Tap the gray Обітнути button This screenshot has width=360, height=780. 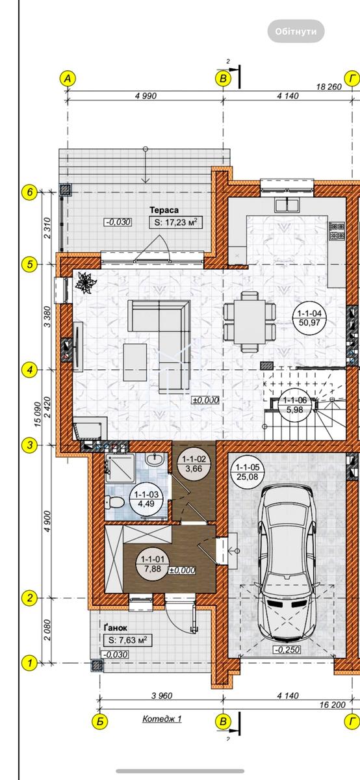296,31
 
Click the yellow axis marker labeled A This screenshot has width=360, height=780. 68,79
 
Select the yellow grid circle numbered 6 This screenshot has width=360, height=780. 30,192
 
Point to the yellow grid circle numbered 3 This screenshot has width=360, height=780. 30,445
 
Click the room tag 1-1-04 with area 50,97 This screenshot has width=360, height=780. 309,318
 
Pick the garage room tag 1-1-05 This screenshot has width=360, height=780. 247,472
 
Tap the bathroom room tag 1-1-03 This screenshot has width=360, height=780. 146,499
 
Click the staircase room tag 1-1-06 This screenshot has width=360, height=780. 294,405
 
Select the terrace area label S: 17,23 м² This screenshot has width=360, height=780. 176,222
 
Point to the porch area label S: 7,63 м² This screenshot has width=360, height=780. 128,640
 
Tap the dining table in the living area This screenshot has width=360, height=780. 250,322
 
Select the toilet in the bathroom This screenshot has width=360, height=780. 114,502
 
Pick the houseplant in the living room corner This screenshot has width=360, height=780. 84,281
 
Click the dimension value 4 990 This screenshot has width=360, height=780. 146,96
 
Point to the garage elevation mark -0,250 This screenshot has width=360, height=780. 287,649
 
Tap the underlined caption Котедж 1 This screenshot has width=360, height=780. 162,719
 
